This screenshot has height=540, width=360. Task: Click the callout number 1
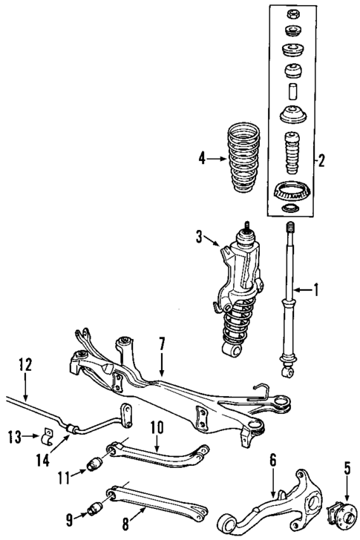[x=317, y=290]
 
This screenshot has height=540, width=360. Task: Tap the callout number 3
[x=198, y=237]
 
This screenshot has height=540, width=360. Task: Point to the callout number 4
[x=203, y=158]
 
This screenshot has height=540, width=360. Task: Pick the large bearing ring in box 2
[x=292, y=191]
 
